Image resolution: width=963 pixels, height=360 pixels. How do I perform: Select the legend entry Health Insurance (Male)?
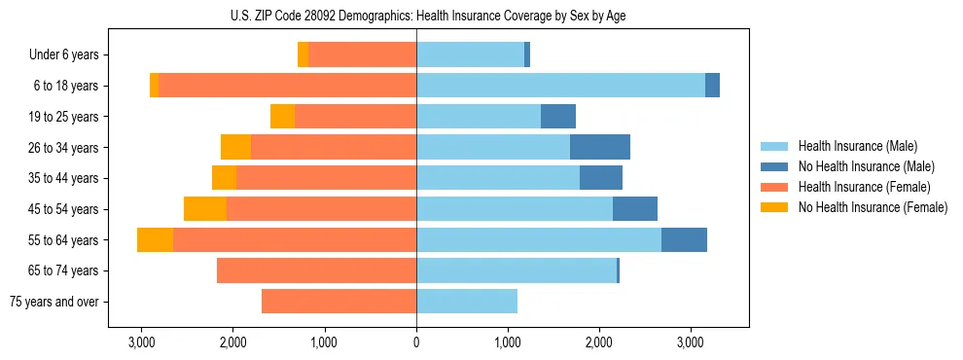click(x=856, y=146)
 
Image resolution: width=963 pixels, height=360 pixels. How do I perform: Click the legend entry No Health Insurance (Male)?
click(x=866, y=166)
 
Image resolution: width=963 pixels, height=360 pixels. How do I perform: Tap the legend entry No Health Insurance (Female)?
click(x=873, y=207)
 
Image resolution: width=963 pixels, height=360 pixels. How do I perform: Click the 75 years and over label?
click(x=53, y=302)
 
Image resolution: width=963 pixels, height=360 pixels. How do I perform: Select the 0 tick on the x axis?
click(x=416, y=342)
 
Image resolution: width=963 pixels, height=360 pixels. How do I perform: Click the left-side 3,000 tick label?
click(x=142, y=342)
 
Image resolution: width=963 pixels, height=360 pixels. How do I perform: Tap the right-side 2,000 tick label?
click(x=599, y=342)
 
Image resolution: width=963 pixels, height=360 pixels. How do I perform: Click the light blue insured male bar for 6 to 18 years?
click(x=560, y=86)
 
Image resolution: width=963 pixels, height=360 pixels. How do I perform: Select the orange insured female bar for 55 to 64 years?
click(x=295, y=239)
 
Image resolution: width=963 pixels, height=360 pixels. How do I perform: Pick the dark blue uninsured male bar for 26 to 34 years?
click(x=600, y=147)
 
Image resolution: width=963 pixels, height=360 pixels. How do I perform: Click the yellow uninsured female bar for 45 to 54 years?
click(x=205, y=209)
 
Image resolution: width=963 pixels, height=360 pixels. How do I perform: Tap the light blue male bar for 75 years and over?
click(x=467, y=302)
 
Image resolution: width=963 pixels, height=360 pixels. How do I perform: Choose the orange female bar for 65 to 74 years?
click(x=316, y=270)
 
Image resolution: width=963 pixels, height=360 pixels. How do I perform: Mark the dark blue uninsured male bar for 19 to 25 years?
click(x=558, y=117)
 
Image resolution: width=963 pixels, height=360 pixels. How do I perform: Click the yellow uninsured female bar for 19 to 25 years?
click(x=282, y=117)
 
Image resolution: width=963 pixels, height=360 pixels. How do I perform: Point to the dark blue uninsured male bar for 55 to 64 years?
click(x=684, y=239)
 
